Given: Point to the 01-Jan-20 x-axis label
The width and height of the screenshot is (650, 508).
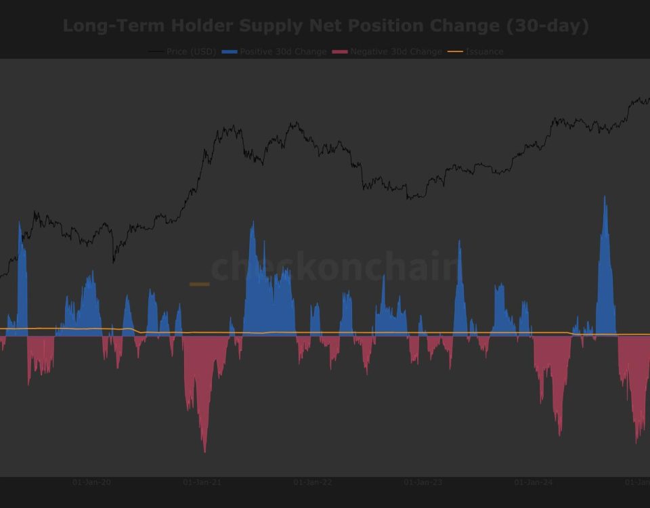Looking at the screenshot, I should click(x=91, y=482).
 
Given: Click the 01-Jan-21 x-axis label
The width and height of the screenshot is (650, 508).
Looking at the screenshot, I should click(x=202, y=482).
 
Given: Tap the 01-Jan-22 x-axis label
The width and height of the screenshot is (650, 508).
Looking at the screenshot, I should click(x=313, y=482).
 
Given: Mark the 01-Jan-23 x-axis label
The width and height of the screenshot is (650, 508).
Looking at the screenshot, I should click(x=423, y=482).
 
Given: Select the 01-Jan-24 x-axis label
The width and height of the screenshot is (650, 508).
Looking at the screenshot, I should click(x=534, y=482).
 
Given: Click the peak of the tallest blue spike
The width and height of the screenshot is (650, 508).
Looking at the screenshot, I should click(x=605, y=198).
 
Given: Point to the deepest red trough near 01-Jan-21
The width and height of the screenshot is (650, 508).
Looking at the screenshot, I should click(x=204, y=451).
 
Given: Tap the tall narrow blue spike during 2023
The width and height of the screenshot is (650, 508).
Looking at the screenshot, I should click(x=459, y=242).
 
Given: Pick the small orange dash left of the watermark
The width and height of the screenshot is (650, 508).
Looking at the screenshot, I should click(x=199, y=284).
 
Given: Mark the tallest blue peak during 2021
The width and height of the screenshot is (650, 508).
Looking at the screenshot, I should click(x=253, y=222).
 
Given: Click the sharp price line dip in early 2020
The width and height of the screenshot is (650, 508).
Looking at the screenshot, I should click(x=113, y=261).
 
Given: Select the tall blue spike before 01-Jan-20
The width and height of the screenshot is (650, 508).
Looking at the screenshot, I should click(x=20, y=222).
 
